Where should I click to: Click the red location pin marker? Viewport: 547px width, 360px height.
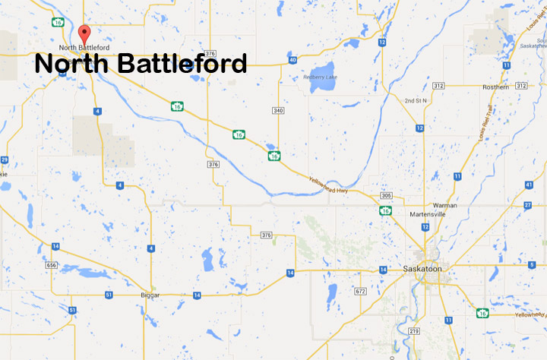click(85, 33)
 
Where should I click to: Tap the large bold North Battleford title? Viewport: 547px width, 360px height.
click(141, 64)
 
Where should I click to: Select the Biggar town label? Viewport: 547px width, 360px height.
click(153, 294)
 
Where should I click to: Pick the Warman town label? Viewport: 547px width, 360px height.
click(444, 206)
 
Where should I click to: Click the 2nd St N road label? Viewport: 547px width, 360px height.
click(416, 100)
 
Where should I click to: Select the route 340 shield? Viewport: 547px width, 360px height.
click(278, 111)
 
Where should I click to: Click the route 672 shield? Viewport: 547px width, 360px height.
click(361, 292)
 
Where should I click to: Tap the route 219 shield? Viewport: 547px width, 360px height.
click(413, 331)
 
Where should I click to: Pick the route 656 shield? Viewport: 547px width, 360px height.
click(51, 264)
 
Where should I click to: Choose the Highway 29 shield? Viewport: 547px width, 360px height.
click(5, 159)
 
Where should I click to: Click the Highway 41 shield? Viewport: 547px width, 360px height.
click(528, 185)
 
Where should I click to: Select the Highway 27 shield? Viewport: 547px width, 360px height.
click(527, 206)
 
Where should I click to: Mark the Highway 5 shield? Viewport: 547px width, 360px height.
click(532, 264)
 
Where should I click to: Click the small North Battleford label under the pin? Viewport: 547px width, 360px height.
click(84, 48)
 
